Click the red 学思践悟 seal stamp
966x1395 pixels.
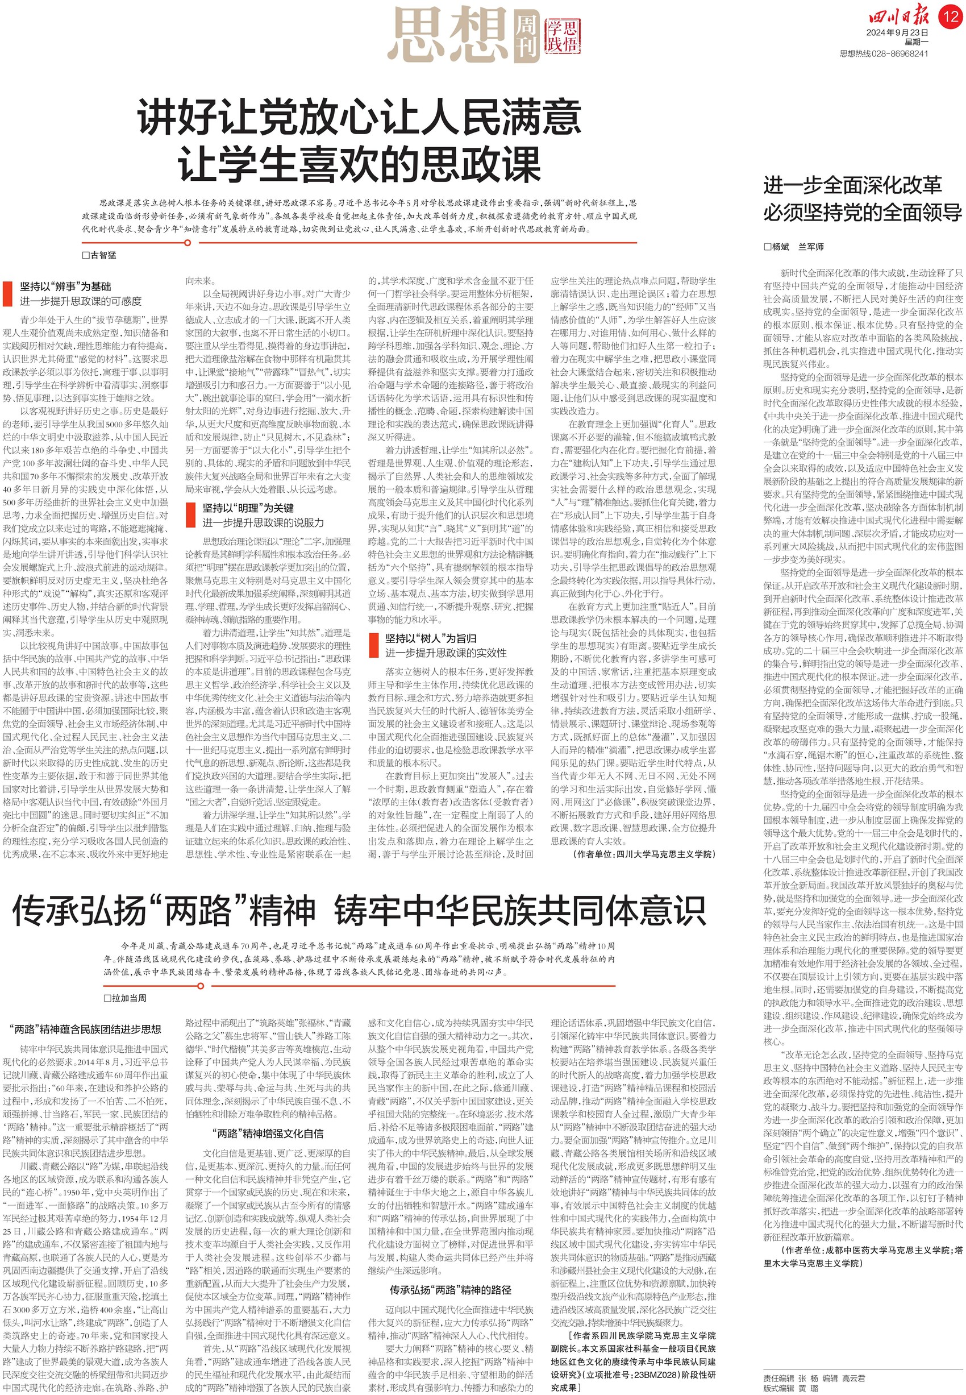point(563,36)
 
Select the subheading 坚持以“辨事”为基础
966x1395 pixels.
point(65,287)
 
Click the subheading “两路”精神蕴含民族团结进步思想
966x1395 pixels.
point(85,1029)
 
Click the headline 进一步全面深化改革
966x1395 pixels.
point(852,185)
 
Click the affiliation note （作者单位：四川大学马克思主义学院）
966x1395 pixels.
point(643,854)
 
